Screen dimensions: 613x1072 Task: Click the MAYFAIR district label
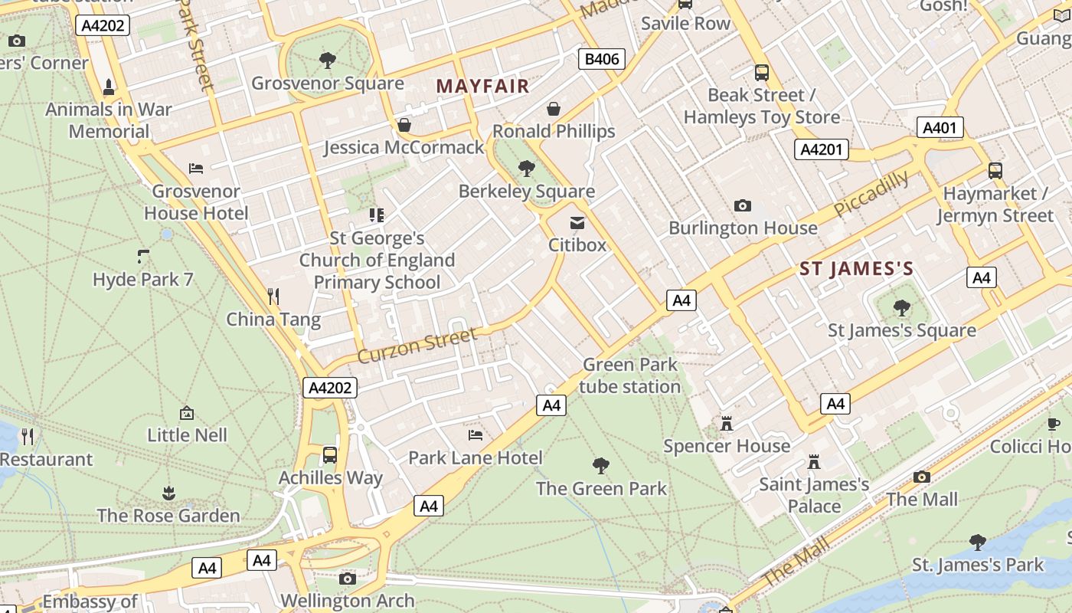pyautogui.click(x=482, y=86)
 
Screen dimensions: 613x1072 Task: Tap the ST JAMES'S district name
pyautogui.click(x=856, y=269)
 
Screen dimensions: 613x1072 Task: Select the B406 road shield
pyautogui.click(x=601, y=59)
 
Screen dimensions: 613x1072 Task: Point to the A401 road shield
pyautogui.click(x=940, y=127)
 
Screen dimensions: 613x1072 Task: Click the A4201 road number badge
pyautogui.click(x=821, y=149)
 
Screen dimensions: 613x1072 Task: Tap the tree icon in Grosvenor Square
pyautogui.click(x=328, y=60)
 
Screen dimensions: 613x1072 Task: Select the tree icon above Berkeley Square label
pyautogui.click(x=526, y=168)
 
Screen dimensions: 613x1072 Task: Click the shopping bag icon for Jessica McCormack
pyautogui.click(x=404, y=124)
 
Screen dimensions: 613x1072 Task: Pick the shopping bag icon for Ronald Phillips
pyautogui.click(x=554, y=109)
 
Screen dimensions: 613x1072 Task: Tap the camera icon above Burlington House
pyautogui.click(x=742, y=205)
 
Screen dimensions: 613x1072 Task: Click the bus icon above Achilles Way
pyautogui.click(x=330, y=455)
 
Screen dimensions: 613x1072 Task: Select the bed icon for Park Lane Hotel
pyautogui.click(x=476, y=435)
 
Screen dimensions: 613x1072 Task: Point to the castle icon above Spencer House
pyautogui.click(x=726, y=423)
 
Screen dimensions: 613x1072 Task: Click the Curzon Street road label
pyautogui.click(x=417, y=346)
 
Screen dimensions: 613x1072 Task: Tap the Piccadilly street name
pyautogui.click(x=871, y=193)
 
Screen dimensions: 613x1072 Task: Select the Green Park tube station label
pyautogui.click(x=629, y=375)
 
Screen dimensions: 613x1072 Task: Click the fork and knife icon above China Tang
pyautogui.click(x=273, y=296)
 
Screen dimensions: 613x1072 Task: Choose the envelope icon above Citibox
pyautogui.click(x=577, y=223)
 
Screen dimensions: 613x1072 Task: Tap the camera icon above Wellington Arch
pyautogui.click(x=348, y=579)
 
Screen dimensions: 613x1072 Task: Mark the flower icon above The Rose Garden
pyautogui.click(x=168, y=493)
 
